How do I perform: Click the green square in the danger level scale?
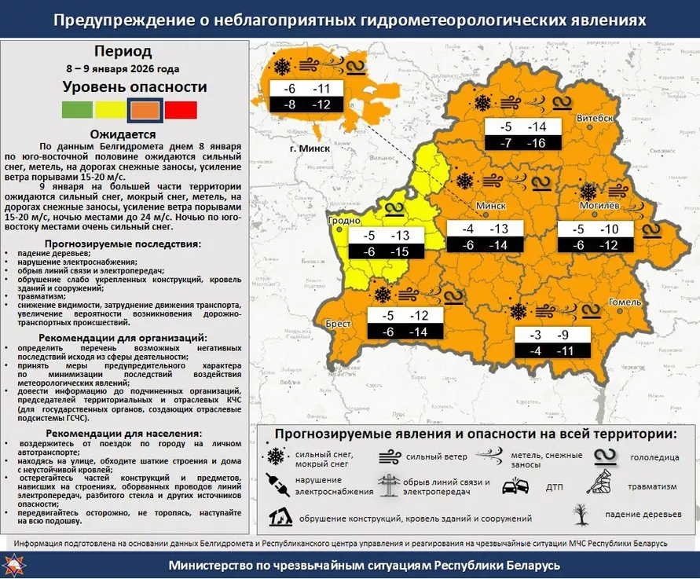(x=77, y=110)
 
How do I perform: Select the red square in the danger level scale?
(x=181, y=110)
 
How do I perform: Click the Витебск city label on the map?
(x=595, y=118)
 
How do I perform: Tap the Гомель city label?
(x=625, y=302)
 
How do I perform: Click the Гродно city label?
(x=345, y=222)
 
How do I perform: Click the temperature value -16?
(x=537, y=143)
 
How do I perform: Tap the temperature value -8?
(x=289, y=104)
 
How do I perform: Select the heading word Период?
(x=123, y=52)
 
